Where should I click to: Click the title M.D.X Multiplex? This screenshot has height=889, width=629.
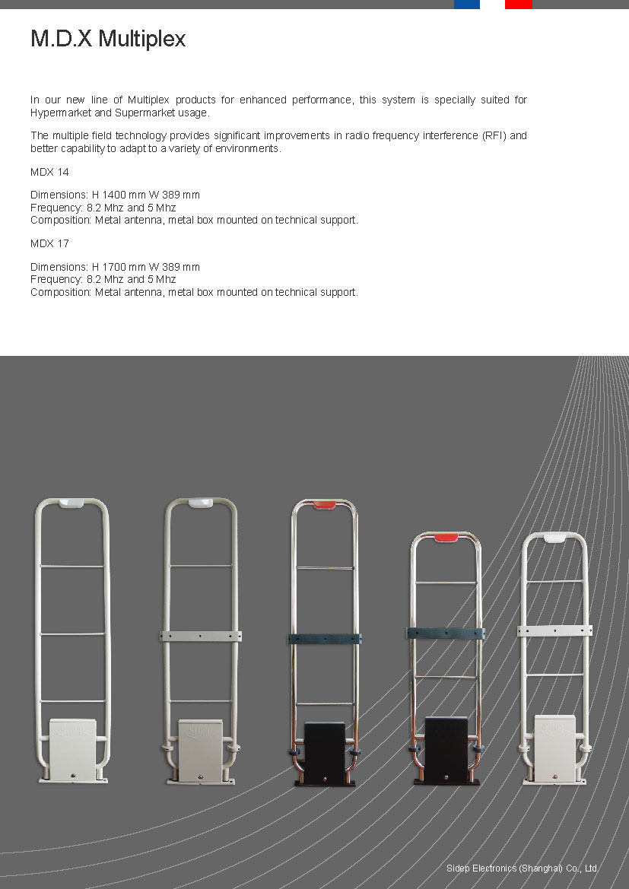pos(108,39)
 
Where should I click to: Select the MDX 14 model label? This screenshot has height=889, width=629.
pos(49,173)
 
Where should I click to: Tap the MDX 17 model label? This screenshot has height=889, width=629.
pos(49,244)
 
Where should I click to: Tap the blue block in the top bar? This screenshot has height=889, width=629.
pos(466,5)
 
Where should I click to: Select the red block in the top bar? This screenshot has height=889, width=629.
pos(518,5)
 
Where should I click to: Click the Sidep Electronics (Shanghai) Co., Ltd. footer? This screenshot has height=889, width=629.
pos(523,868)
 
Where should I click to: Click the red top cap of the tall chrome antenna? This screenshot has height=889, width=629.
pos(325,504)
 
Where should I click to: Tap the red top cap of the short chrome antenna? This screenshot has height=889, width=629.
pos(445,538)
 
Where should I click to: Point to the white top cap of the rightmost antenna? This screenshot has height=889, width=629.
pos(555,537)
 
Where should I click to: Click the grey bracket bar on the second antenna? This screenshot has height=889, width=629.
pos(200,635)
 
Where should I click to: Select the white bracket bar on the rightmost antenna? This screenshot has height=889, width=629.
pos(554,630)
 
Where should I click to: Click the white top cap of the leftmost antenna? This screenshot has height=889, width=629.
pos(72,503)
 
